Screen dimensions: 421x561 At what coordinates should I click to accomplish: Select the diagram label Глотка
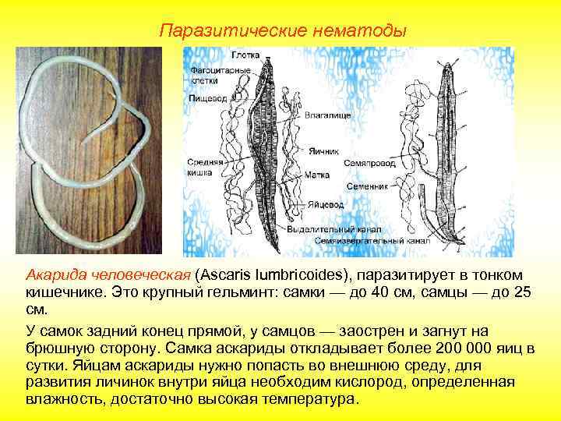[x=245, y=55]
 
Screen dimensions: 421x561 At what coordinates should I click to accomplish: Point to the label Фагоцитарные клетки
[x=210, y=76]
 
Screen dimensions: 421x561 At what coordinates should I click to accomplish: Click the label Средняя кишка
[x=204, y=167]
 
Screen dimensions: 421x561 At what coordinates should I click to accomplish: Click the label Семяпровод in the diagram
[x=369, y=165]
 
